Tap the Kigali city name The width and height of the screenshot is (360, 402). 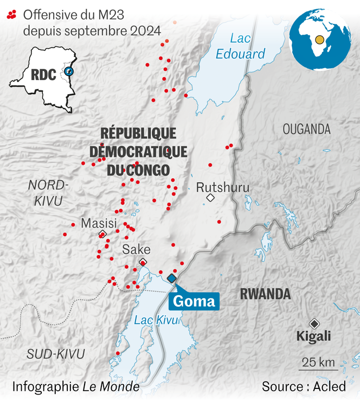(x=313, y=336)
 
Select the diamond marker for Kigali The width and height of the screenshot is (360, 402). (x=313, y=322)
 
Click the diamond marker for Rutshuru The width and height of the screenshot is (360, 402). (x=210, y=198)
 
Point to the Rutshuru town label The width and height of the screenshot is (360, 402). (x=222, y=187)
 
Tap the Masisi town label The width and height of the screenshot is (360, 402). (x=98, y=223)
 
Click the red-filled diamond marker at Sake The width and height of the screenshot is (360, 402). (x=143, y=263)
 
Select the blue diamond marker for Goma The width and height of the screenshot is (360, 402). (x=172, y=278)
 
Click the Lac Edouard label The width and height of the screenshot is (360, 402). (x=240, y=46)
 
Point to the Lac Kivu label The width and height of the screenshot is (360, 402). (x=156, y=320)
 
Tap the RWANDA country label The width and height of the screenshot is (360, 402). (x=265, y=294)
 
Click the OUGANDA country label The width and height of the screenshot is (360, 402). (x=306, y=129)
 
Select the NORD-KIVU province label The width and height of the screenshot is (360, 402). (x=47, y=193)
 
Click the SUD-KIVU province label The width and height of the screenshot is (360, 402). (x=56, y=354)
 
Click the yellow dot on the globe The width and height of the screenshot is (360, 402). (x=320, y=39)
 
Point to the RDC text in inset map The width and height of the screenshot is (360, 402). (x=43, y=75)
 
